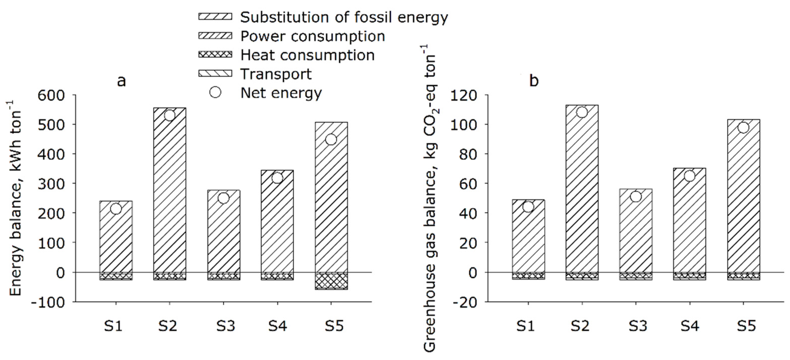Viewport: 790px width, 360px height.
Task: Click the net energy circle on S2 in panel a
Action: pos(170,116)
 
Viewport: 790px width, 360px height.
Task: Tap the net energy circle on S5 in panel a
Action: pos(331,139)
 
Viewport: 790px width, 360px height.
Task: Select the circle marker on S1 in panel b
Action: pos(528,207)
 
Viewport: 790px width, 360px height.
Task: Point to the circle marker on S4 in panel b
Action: pos(689,176)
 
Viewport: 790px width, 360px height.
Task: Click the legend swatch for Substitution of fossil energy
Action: pos(215,17)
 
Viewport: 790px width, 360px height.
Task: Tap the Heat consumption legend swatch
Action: pos(215,55)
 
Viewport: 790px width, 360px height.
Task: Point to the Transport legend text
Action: pos(276,74)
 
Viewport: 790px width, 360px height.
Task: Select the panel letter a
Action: pos(122,81)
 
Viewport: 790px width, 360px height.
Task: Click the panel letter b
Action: pos(534,81)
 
